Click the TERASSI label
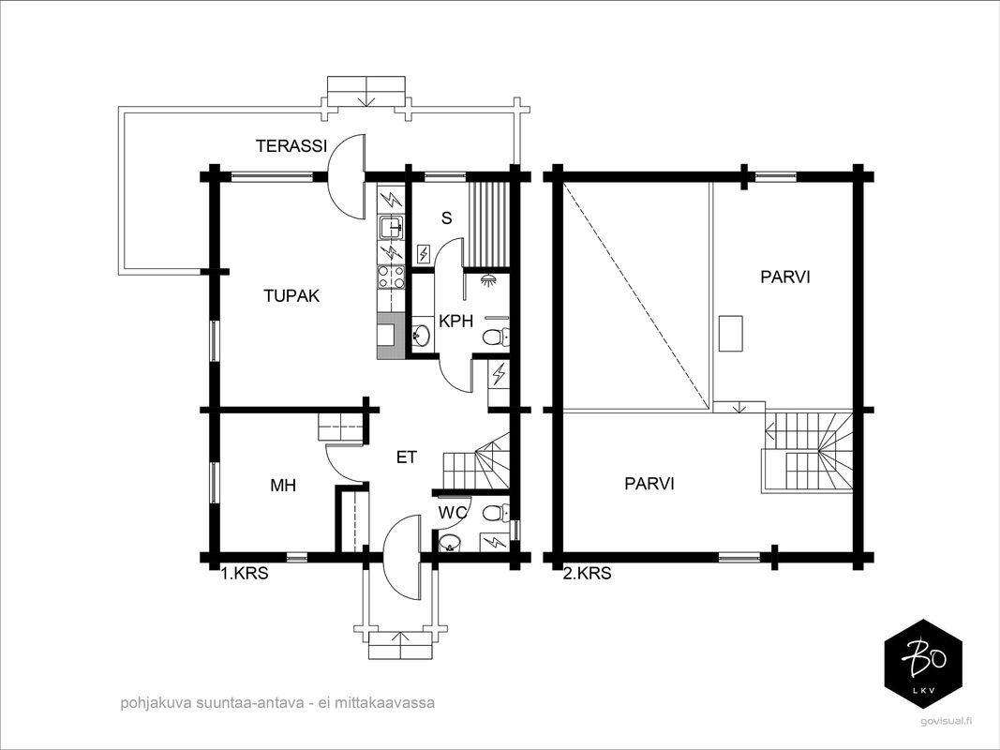coord(291,146)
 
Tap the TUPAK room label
coord(291,296)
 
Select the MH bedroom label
coord(283,486)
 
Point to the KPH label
coord(456,321)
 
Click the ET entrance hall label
coord(406,457)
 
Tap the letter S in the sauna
coord(446,218)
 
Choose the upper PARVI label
coord(785,277)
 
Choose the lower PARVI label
coord(649,484)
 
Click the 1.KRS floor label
coord(245,574)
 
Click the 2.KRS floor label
coord(588,574)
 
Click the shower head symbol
coord(489,280)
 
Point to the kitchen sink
coord(390,226)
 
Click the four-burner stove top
coord(391,277)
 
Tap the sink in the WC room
coord(450,543)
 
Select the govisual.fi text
coord(945,721)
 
